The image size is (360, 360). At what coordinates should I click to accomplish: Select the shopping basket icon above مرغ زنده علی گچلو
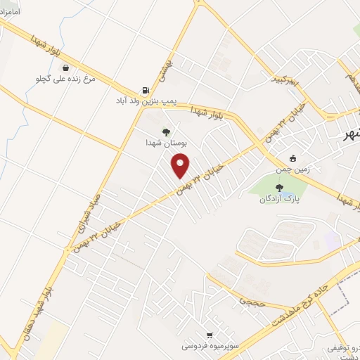(x=65, y=68)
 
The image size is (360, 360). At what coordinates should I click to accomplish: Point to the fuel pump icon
(x=146, y=91)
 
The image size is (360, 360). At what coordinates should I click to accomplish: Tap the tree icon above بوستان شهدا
(x=166, y=131)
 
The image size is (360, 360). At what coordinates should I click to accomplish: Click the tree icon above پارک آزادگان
(x=279, y=187)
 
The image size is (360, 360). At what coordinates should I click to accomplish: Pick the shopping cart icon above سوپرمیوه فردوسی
(x=209, y=335)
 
